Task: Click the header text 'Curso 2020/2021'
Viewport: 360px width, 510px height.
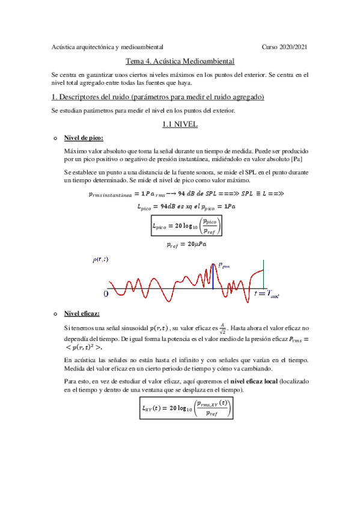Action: pos(285,46)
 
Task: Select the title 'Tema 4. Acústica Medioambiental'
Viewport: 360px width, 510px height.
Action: pos(180,61)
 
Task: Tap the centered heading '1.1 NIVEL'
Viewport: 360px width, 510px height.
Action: pos(180,124)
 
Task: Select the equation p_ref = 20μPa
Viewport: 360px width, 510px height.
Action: pos(185,245)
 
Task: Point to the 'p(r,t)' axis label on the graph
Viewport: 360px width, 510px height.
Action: pos(100,259)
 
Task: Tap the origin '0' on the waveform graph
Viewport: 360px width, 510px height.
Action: pos(105,293)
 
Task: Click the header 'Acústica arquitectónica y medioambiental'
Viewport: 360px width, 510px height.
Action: pos(108,46)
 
